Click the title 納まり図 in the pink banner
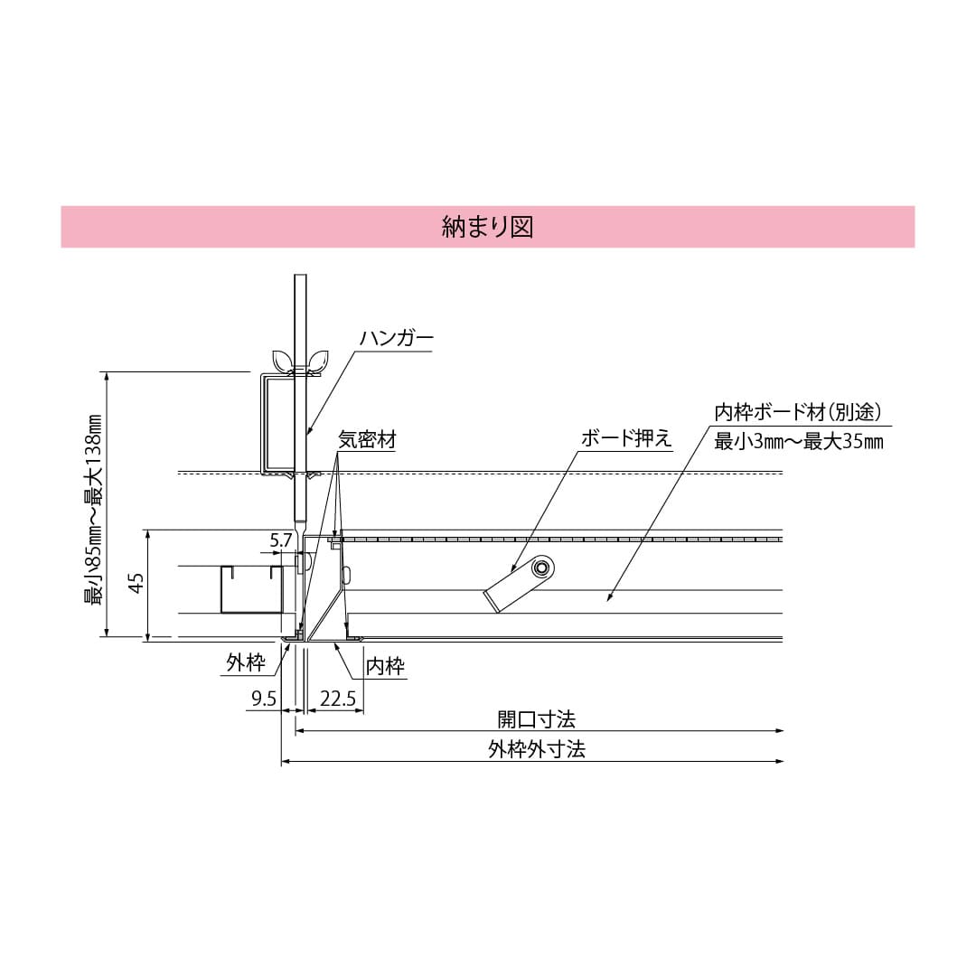(487, 227)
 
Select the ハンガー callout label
(396, 339)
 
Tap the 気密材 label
(367, 440)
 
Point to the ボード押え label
(626, 439)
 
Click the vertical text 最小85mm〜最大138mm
(92, 509)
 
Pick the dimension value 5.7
(282, 540)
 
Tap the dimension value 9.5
(263, 699)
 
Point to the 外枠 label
(246, 664)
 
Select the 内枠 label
(385, 667)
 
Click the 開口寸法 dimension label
(536, 719)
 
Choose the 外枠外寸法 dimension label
(536, 750)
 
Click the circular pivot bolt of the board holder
(542, 568)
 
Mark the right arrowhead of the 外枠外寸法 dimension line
(778, 762)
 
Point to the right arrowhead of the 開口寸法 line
(778, 730)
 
